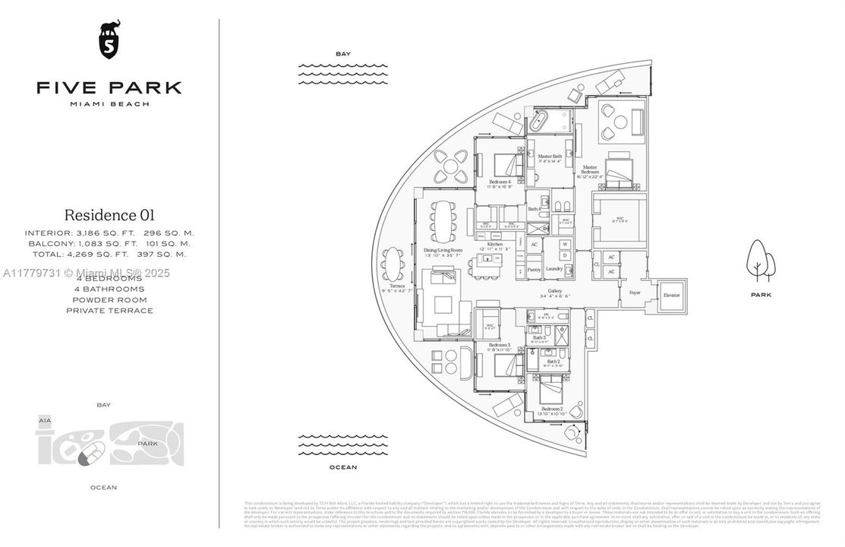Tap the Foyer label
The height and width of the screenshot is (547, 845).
635,292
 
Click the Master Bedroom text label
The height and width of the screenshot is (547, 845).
591,170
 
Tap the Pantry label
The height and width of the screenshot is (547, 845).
534,268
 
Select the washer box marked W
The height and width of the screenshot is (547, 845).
564,244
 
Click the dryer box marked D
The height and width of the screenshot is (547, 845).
564,255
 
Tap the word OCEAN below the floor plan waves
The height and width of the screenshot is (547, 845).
342,467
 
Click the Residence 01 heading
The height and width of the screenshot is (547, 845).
109,215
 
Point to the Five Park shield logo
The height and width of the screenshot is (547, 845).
109,41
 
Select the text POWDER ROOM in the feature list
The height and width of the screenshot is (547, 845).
109,299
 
